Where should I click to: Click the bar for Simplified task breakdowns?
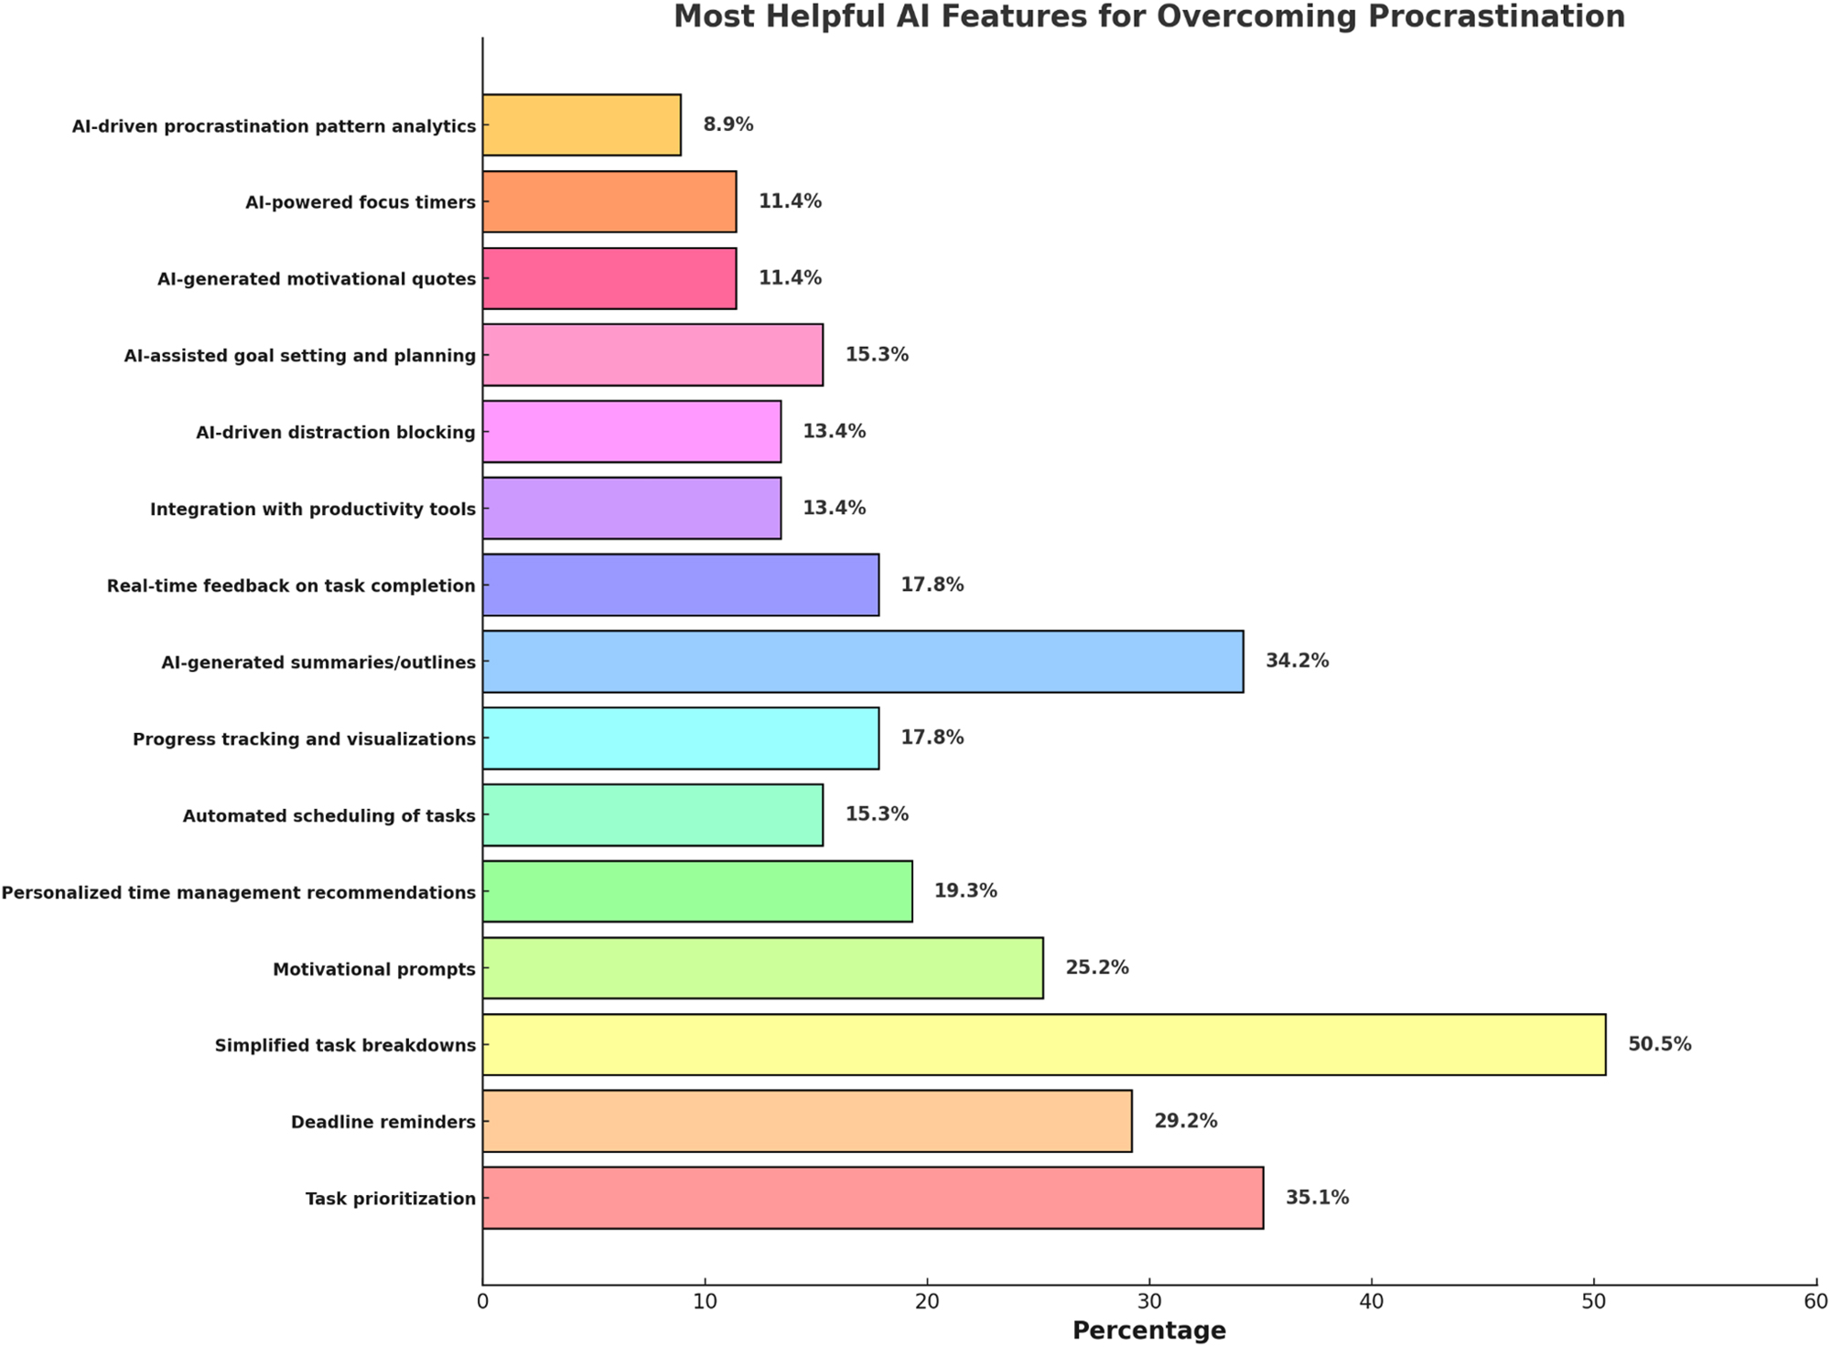(x=1043, y=1044)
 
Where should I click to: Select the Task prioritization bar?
(x=872, y=1198)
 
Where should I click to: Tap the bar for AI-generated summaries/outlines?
(x=862, y=661)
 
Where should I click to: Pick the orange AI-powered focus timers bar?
(x=609, y=201)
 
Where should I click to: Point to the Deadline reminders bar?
(x=806, y=1121)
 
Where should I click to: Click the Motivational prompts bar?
(x=762, y=967)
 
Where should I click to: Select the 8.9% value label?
(x=727, y=124)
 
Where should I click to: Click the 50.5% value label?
(x=1659, y=1044)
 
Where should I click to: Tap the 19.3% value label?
(x=964, y=890)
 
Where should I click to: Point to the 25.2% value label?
(x=1096, y=967)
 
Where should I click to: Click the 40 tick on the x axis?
(x=1371, y=1302)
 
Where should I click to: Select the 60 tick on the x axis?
(x=1815, y=1302)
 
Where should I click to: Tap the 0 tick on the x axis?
(x=483, y=1302)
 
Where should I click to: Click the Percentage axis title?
(x=1148, y=1330)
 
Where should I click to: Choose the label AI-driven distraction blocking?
(x=336, y=432)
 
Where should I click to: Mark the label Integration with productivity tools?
(x=313, y=509)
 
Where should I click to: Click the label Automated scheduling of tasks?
(x=329, y=815)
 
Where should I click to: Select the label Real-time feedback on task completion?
(x=291, y=586)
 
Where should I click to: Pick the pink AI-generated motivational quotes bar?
(x=609, y=278)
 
